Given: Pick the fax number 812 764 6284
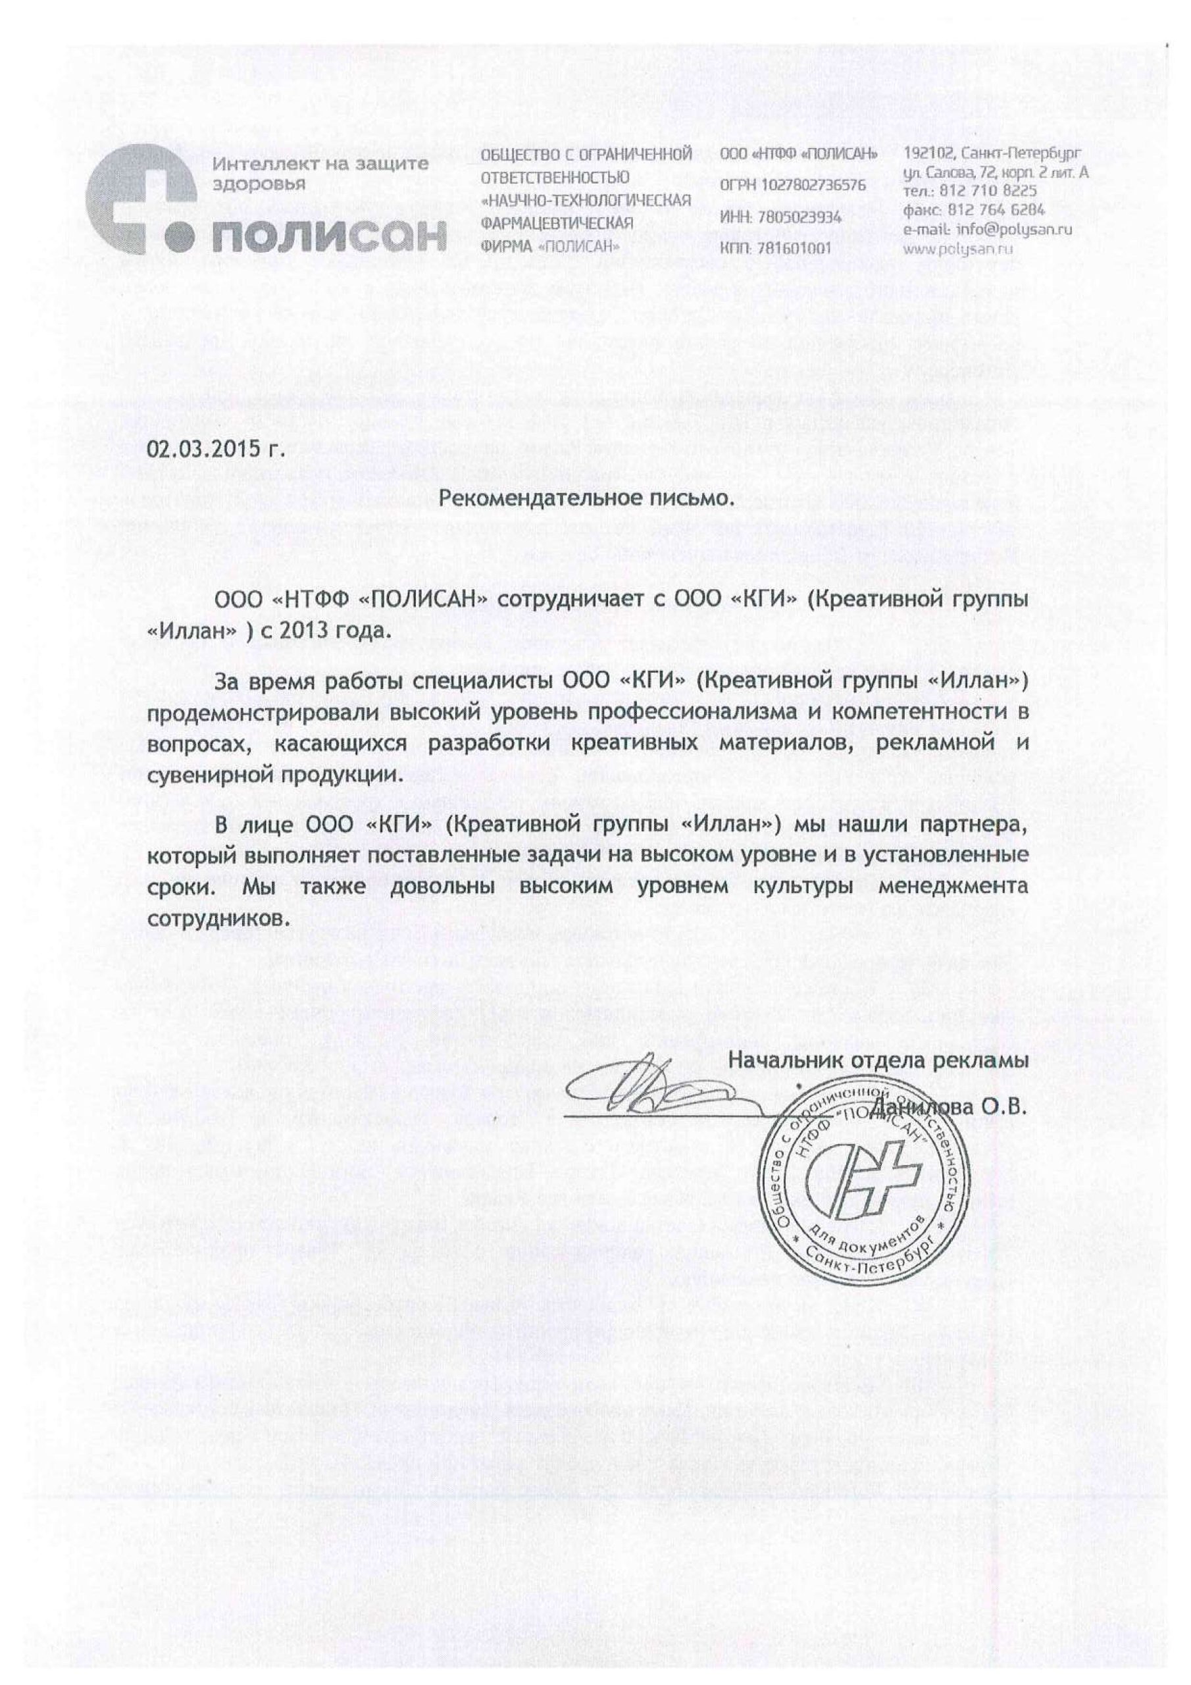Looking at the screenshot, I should [x=1000, y=210].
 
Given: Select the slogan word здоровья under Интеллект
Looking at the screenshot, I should [x=259, y=184].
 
